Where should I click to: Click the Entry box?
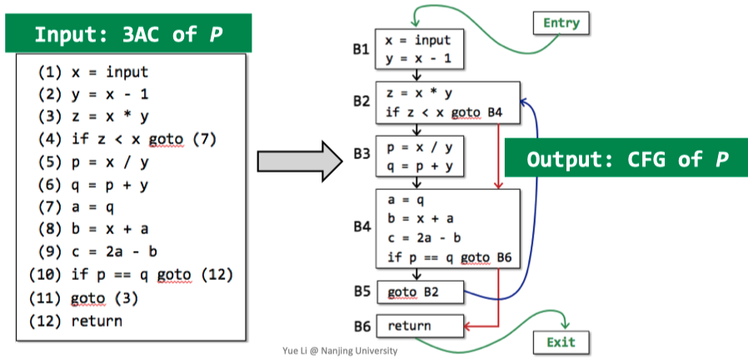point(561,22)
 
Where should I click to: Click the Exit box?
point(561,342)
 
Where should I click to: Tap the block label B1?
point(361,50)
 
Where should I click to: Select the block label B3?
point(361,154)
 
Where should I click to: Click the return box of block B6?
point(420,326)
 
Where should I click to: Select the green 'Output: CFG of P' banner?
point(627,158)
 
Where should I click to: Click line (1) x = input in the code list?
point(92,72)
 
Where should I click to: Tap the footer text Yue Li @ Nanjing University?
point(340,351)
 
